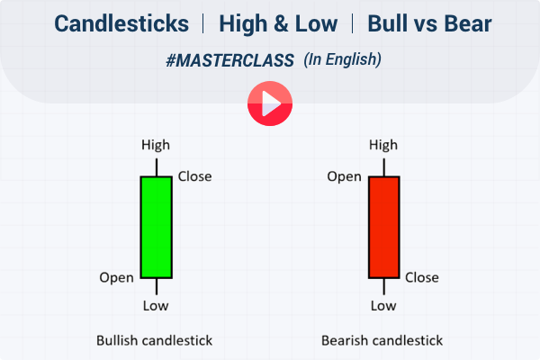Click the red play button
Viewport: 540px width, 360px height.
[270, 103]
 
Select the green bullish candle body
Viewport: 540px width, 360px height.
[156, 227]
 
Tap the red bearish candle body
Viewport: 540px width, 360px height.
[383, 227]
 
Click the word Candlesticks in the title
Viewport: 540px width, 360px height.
[122, 23]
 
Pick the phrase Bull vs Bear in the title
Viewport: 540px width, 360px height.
[421, 23]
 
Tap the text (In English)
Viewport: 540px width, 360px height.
[342, 60]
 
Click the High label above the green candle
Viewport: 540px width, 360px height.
[156, 145]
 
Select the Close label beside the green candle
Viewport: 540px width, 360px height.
[194, 176]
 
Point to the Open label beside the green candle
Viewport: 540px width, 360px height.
[116, 277]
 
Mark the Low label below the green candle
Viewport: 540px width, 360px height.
[156, 306]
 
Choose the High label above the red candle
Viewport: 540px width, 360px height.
[383, 145]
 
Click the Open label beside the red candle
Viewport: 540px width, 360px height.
[344, 176]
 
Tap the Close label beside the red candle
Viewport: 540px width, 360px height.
[422, 277]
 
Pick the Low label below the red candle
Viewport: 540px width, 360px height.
[383, 306]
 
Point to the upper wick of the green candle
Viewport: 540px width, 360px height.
[156, 166]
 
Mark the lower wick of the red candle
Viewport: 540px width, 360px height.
[383, 287]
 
